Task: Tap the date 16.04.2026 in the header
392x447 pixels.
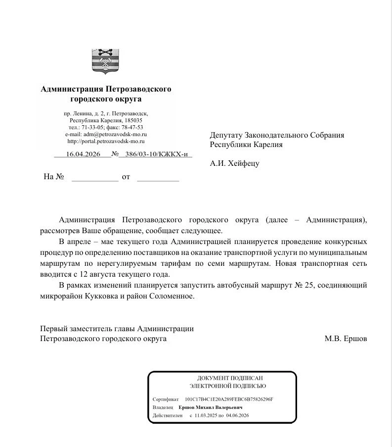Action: (x=83, y=154)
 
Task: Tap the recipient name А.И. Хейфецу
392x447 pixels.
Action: (x=234, y=163)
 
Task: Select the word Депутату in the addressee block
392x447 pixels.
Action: (x=226, y=135)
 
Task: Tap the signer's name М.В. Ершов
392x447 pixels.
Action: (x=346, y=339)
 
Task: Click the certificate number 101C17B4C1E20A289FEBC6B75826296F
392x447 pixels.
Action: (x=228, y=399)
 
